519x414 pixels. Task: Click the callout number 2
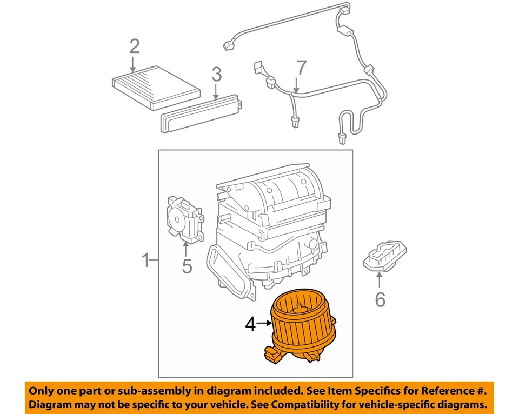point(134,46)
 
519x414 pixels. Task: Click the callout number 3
point(216,74)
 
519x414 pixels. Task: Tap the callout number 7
point(301,68)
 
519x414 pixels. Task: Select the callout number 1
point(145,261)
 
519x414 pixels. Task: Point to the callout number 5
point(187,266)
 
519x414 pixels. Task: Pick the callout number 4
point(250,324)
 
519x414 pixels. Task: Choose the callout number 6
point(380,299)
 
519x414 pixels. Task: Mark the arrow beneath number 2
point(134,64)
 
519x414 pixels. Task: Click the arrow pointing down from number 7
point(296,84)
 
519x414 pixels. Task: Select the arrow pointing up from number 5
point(186,249)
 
